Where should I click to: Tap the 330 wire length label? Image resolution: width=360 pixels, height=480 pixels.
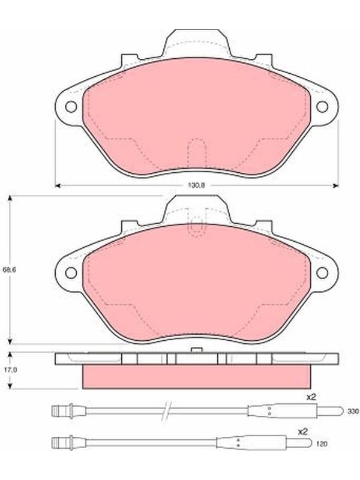(353, 412)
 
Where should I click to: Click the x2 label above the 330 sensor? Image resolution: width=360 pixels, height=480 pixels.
(311, 397)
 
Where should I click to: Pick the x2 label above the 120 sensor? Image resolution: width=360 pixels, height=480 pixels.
(302, 432)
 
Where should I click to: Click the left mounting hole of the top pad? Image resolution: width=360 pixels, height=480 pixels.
(71, 107)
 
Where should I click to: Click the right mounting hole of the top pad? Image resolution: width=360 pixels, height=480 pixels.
(322, 107)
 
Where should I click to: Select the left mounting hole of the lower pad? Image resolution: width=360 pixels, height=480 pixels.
(71, 272)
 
